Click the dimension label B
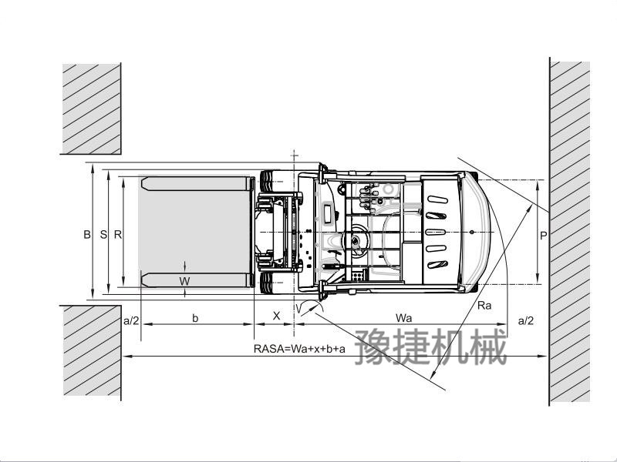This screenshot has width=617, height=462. [87, 235]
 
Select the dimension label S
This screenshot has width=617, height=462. [103, 235]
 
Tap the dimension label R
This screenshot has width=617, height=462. [118, 235]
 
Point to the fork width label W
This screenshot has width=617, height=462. [184, 281]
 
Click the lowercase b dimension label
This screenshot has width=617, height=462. [195, 318]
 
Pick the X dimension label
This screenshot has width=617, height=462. [277, 316]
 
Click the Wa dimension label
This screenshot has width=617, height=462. [403, 318]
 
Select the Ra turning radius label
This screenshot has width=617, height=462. [484, 305]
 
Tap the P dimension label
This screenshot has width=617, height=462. [544, 236]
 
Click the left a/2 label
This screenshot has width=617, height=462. [131, 320]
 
